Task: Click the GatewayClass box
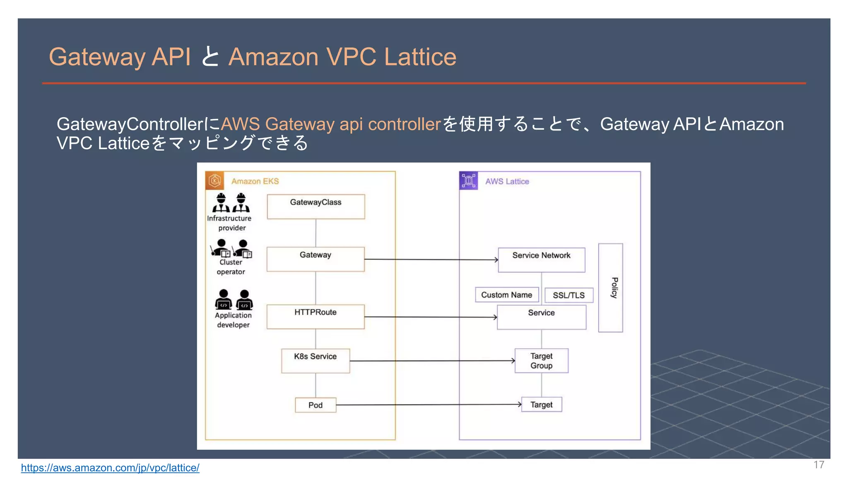point(316,206)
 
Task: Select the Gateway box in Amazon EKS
point(316,259)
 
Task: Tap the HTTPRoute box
point(316,317)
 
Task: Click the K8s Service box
point(316,361)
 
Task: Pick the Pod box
point(316,405)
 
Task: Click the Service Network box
point(541,260)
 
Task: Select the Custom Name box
point(506,295)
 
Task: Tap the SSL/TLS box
point(569,295)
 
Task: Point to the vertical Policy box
point(610,288)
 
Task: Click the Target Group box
point(541,361)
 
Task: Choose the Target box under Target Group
point(541,405)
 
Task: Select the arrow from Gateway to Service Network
point(431,260)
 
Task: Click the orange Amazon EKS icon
point(214,181)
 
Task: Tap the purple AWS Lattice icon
point(468,181)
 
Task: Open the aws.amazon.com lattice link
point(110,468)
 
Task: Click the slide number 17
point(819,465)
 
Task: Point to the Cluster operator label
point(231,267)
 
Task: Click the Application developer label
point(233,320)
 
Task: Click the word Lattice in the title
point(420,57)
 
